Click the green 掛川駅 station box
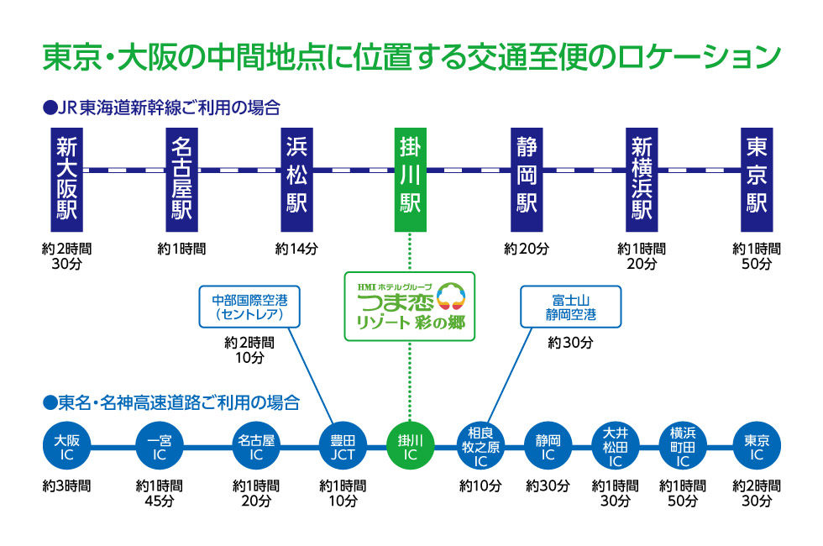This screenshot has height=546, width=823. pyautogui.click(x=410, y=180)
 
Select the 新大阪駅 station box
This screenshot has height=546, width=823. pyautogui.click(x=66, y=180)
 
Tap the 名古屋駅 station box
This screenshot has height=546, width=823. pyautogui.click(x=181, y=180)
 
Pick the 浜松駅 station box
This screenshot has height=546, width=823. pyautogui.click(x=296, y=180)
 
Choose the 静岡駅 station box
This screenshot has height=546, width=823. pyautogui.click(x=527, y=180)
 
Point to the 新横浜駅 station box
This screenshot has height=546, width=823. pyautogui.click(x=642, y=180)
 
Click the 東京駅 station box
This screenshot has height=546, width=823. pyautogui.click(x=757, y=180)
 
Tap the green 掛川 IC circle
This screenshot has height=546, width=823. pyautogui.click(x=410, y=447)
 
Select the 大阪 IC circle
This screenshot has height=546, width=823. pyautogui.click(x=66, y=447)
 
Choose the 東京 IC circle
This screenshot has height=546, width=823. pyautogui.click(x=757, y=447)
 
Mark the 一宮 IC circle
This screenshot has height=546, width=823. pyautogui.click(x=159, y=447)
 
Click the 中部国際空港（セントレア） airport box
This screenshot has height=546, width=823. pyautogui.click(x=249, y=307)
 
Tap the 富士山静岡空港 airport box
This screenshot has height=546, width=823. pyautogui.click(x=570, y=307)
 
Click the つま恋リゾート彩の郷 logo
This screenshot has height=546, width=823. pyautogui.click(x=410, y=305)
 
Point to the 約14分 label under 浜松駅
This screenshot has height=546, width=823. pyautogui.click(x=296, y=249)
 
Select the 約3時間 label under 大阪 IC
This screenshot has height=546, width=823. pyautogui.click(x=66, y=486)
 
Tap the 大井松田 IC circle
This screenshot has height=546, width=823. pyautogui.click(x=616, y=447)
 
